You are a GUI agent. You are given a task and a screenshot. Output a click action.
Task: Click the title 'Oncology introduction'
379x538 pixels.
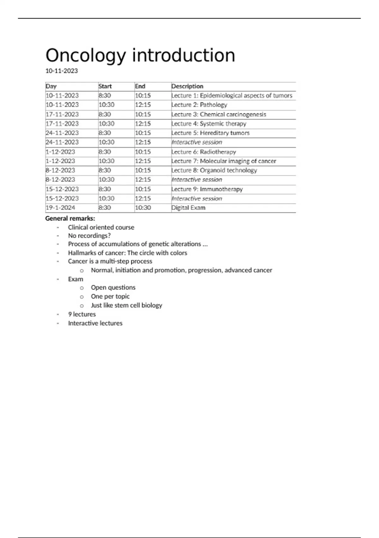(140, 55)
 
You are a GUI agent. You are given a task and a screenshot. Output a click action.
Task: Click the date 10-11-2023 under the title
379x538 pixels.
(62, 71)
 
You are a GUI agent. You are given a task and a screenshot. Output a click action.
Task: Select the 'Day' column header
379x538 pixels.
(51, 86)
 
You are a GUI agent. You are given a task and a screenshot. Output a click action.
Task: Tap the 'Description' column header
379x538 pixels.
(187, 86)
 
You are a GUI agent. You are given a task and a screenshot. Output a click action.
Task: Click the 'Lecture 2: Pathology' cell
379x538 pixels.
(199, 105)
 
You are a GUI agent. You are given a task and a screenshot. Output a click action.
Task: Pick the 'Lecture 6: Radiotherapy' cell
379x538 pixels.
(204, 152)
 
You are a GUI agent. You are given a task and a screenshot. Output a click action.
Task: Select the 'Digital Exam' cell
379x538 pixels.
(188, 208)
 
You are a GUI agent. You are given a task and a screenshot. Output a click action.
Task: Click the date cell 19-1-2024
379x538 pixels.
(60, 208)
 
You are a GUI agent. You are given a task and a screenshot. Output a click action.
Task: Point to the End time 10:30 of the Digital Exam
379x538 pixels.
(143, 208)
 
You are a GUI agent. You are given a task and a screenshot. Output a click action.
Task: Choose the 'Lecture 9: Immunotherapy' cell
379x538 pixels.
(207, 189)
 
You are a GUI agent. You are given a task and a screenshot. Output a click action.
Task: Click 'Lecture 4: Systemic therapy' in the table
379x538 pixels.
(209, 123)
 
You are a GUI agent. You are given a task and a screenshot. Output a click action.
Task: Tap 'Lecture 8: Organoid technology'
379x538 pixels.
(214, 170)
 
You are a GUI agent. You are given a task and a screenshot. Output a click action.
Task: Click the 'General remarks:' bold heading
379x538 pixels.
(70, 218)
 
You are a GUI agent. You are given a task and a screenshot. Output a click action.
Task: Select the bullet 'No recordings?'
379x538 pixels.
(89, 236)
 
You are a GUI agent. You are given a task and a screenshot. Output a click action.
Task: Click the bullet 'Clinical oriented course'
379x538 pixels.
(101, 227)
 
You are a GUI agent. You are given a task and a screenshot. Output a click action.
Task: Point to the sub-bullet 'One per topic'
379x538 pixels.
(110, 297)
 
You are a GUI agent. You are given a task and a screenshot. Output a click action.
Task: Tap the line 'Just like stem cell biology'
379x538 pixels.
(126, 305)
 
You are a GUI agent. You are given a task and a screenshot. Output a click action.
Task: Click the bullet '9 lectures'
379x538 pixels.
(82, 314)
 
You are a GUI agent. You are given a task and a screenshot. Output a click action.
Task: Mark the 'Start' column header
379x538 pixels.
(105, 86)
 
